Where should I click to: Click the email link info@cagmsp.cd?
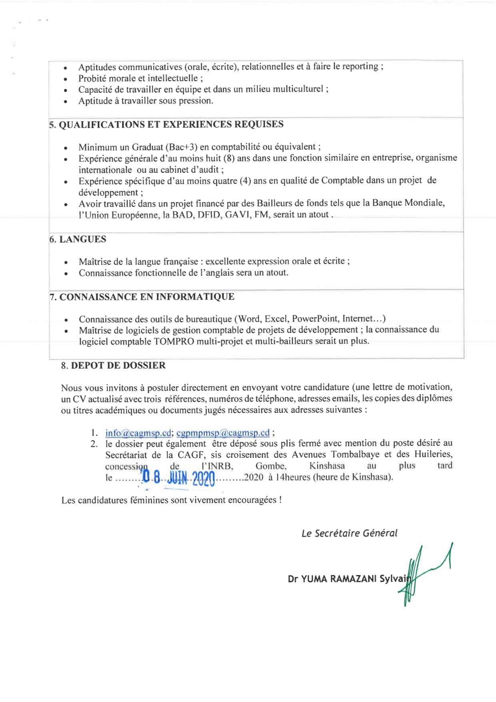point(138,433)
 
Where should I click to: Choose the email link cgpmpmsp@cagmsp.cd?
point(223,433)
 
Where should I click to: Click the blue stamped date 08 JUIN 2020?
point(179,478)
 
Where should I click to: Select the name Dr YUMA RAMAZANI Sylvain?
point(349,579)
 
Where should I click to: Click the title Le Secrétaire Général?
point(350,534)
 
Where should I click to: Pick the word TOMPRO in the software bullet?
point(174,342)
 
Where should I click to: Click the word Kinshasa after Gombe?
point(327,466)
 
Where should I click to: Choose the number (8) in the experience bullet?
point(229,158)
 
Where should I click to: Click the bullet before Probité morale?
point(66,79)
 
